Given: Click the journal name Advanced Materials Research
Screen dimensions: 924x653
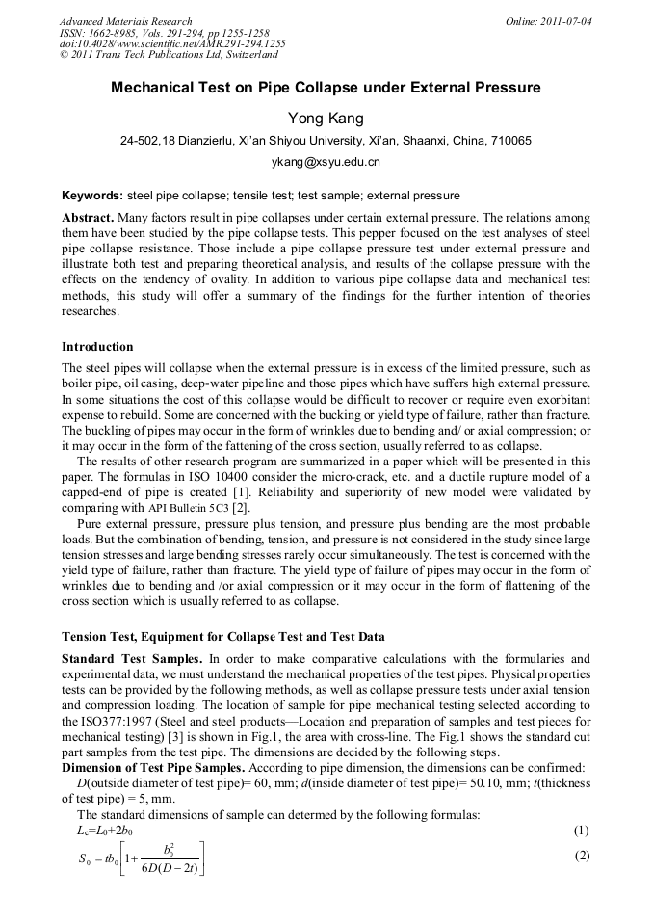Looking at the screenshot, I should click(x=125, y=21).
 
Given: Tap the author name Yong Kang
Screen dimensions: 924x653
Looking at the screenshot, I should click(x=326, y=119).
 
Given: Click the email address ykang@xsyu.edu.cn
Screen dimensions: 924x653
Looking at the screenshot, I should click(x=326, y=162).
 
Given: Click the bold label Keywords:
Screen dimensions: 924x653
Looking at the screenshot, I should click(x=92, y=195).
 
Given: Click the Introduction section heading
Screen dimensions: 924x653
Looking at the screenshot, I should click(x=97, y=347).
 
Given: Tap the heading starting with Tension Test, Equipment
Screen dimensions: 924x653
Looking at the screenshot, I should click(x=222, y=637).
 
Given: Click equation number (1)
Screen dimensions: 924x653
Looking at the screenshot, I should click(x=580, y=831).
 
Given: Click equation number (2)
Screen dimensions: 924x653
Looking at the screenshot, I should click(x=580, y=856).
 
